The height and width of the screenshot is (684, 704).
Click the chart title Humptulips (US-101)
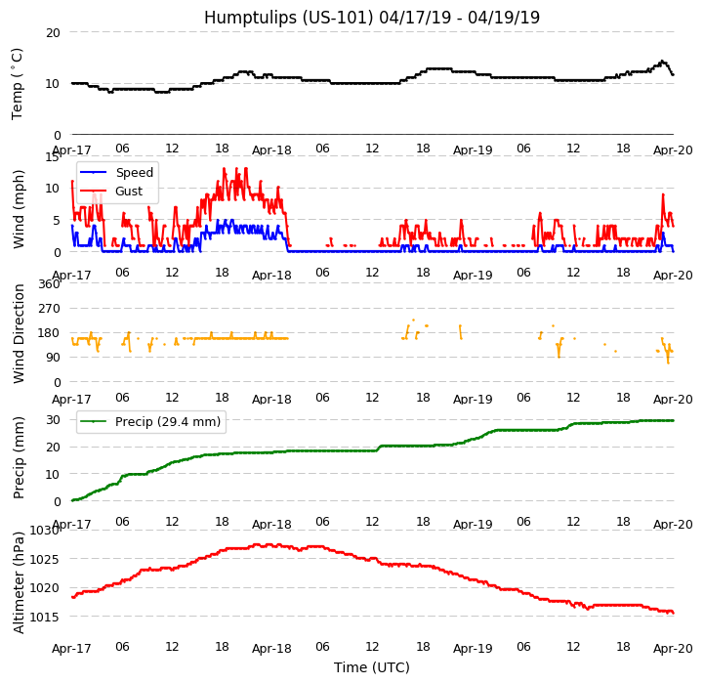[x=371, y=18]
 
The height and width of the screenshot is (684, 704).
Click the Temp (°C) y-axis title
[x=18, y=83]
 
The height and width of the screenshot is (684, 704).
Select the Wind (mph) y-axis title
[x=20, y=208]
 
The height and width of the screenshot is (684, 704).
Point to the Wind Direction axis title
[x=20, y=333]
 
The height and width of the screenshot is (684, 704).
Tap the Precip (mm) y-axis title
[x=20, y=457]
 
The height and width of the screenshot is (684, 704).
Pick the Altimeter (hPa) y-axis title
[x=20, y=581]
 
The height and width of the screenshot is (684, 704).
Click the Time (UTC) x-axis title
[x=371, y=667]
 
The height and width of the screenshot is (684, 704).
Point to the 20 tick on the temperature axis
[x=52, y=32]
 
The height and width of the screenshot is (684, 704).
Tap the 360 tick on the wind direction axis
[x=48, y=284]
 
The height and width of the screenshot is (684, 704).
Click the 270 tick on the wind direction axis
[x=48, y=309]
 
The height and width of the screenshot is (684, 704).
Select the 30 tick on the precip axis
[x=52, y=419]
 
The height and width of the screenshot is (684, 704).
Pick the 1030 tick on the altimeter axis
[x=44, y=531]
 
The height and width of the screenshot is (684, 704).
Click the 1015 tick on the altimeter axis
[x=44, y=617]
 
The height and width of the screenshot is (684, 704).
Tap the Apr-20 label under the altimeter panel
[x=673, y=649]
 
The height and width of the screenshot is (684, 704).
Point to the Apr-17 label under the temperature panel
[x=71, y=150]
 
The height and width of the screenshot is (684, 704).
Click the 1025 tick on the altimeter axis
[x=44, y=559]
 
